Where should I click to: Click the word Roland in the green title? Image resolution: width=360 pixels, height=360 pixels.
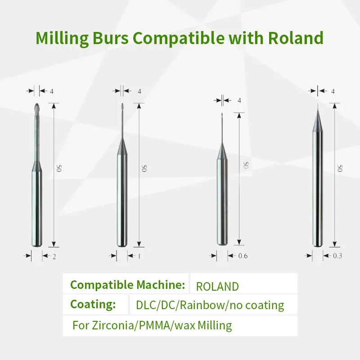coord(296,38)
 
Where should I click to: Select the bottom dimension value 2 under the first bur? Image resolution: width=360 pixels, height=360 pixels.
coord(54,256)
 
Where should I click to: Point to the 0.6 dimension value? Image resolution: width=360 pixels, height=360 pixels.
coord(243,256)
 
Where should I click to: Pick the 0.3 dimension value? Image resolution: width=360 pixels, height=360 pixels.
coord(338,256)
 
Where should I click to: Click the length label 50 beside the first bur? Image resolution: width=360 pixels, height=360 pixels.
coord(59,168)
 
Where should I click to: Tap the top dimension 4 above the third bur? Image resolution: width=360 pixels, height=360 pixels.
coord(239,100)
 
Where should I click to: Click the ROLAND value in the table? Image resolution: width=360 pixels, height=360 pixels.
coord(217,286)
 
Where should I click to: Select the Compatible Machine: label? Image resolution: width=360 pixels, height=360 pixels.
coord(127,285)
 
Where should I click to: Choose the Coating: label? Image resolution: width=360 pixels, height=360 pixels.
coord(93,304)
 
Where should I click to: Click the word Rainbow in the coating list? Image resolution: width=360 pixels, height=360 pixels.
coord(205,306)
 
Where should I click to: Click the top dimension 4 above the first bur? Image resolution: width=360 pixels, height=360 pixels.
coord(52,91)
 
